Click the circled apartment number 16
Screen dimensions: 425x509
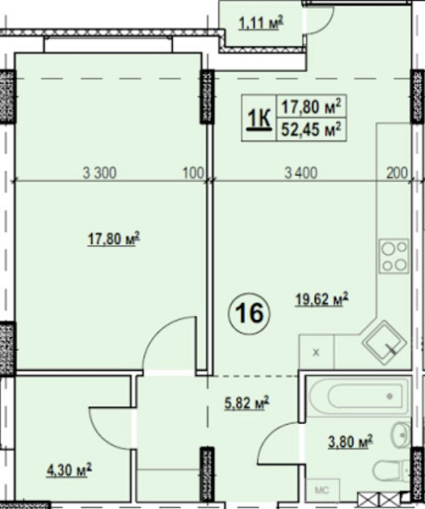(x=249, y=314)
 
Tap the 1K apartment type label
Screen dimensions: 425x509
(x=259, y=119)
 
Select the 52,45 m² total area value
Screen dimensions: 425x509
(x=311, y=129)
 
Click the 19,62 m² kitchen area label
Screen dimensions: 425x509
(x=322, y=299)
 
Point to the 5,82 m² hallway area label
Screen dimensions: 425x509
(x=247, y=403)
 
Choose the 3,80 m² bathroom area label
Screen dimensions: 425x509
(x=350, y=442)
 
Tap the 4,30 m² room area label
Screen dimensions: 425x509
(x=69, y=469)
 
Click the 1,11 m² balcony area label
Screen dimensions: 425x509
(x=262, y=23)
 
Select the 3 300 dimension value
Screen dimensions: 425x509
(x=100, y=172)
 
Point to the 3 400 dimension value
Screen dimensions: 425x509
(x=301, y=172)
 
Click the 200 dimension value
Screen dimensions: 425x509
(x=397, y=172)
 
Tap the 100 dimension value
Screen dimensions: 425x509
(x=194, y=172)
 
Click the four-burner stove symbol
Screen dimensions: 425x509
(x=394, y=256)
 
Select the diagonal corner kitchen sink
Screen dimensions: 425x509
(x=385, y=343)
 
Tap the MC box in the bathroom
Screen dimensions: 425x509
(x=322, y=490)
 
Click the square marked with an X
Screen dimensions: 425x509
(x=316, y=353)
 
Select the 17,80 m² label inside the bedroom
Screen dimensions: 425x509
(x=114, y=239)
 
